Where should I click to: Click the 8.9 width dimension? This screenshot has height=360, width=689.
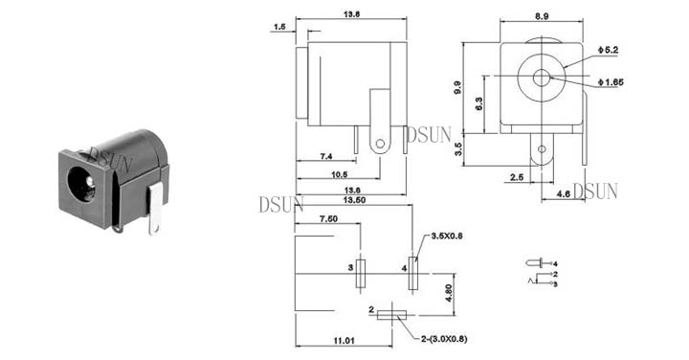tap(542, 16)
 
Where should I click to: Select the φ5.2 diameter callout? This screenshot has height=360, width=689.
tap(608, 50)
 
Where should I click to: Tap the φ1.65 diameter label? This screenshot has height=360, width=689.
tap(611, 82)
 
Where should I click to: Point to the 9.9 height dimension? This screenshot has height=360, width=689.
tap(457, 87)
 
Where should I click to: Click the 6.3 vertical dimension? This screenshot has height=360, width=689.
tap(478, 103)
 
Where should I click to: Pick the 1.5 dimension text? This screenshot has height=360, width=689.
tap(279, 27)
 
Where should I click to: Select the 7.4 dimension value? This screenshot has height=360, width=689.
tap(326, 156)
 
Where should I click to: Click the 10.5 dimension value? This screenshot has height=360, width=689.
tap(339, 174)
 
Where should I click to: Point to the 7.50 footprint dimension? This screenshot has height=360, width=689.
tap(328, 219)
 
